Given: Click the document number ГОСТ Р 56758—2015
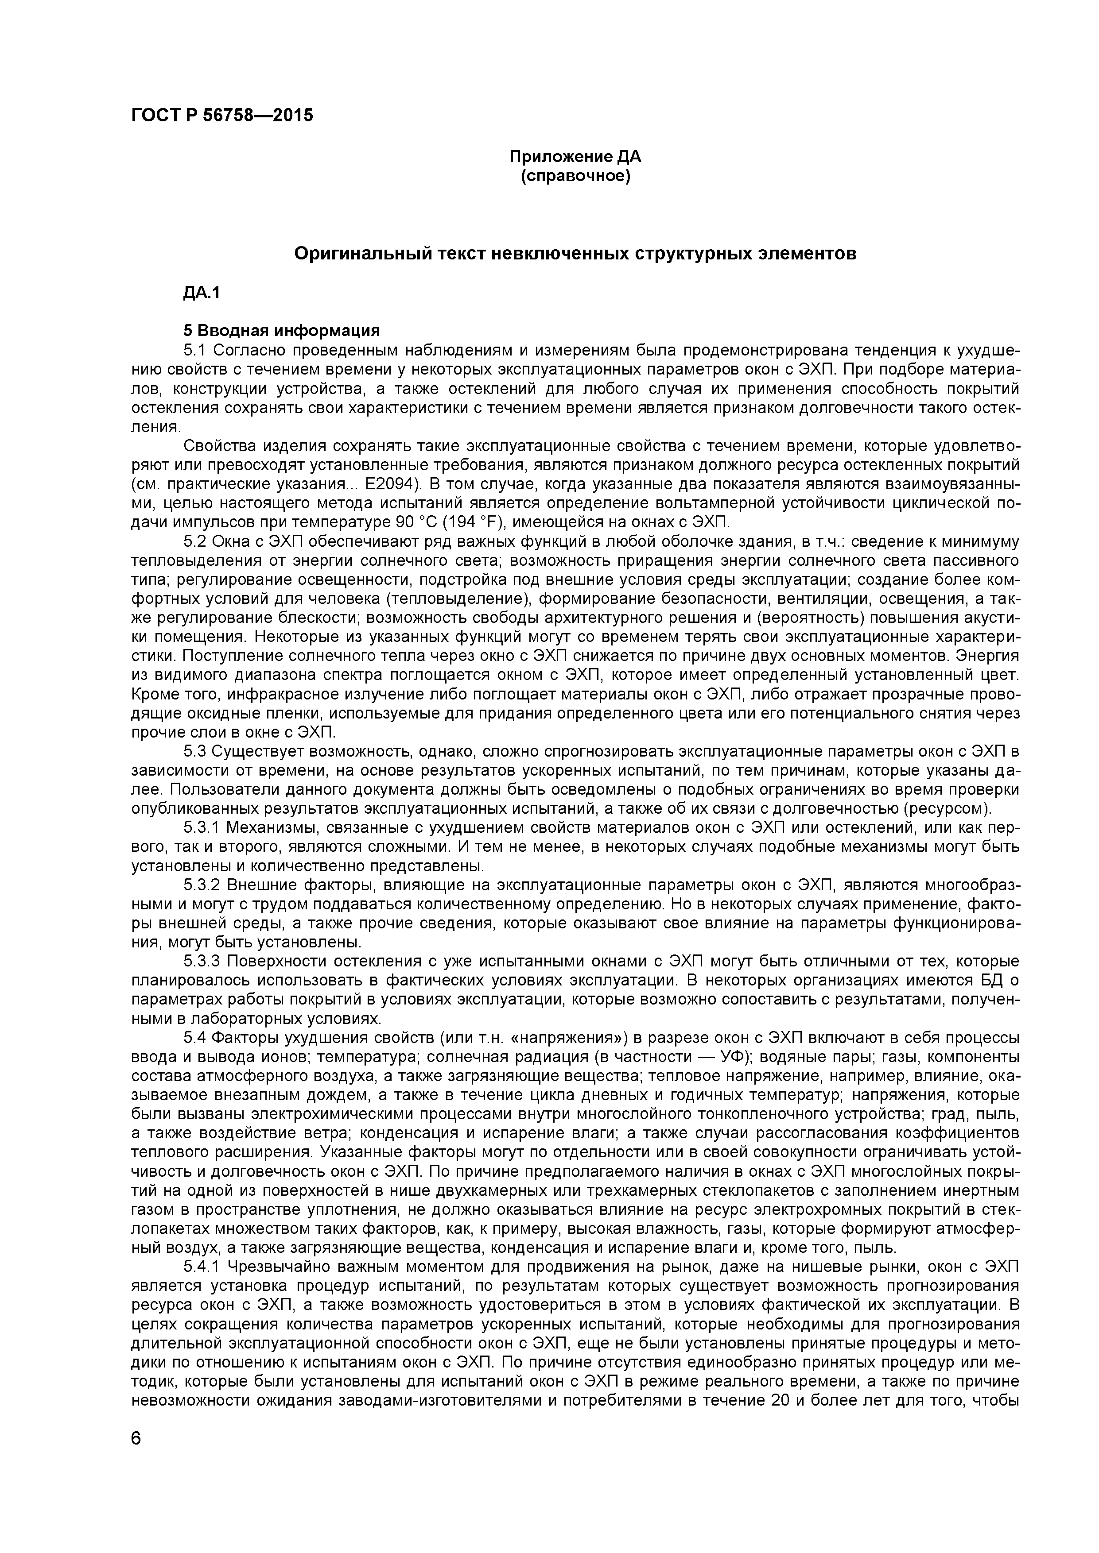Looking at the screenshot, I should [x=222, y=116].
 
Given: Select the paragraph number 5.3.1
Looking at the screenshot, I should [x=202, y=828].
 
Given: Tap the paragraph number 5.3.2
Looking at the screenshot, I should [x=202, y=885].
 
